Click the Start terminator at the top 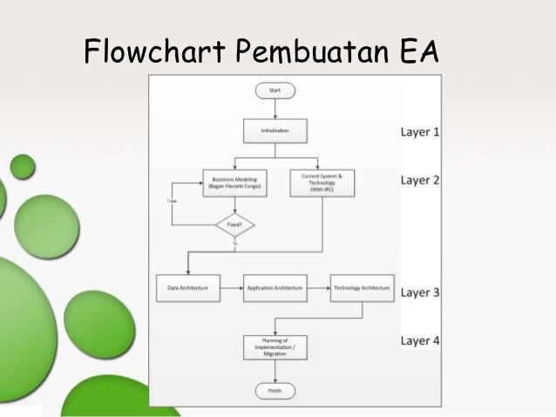275,90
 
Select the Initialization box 275,132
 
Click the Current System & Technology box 322,180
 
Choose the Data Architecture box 187,286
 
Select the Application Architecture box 275,286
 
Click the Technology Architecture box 362,286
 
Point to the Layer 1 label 420,133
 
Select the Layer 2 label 420,180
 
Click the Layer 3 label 420,293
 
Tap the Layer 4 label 420,340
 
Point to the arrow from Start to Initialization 275,109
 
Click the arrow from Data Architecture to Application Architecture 230,286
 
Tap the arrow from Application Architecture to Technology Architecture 318,286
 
